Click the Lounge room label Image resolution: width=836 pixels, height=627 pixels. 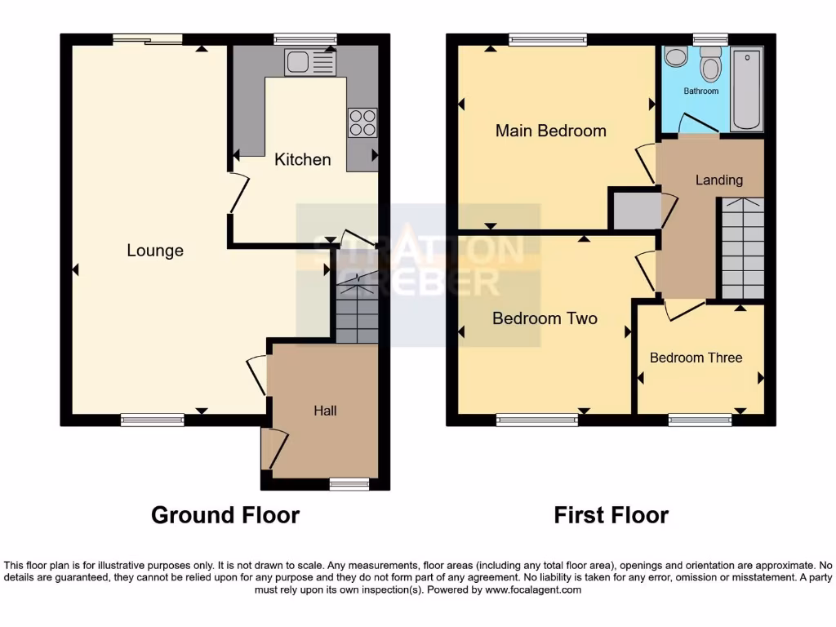pyautogui.click(x=155, y=251)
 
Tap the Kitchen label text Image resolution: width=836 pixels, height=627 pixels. pyautogui.click(x=302, y=159)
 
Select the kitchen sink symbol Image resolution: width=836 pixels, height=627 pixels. pyautogui.click(x=309, y=63)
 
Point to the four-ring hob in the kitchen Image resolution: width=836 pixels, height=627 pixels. pyautogui.click(x=362, y=122)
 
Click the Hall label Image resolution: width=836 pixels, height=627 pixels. pyautogui.click(x=325, y=411)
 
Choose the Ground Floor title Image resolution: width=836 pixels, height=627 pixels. pyautogui.click(x=225, y=515)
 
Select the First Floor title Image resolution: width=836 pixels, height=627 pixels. pyautogui.click(x=611, y=515)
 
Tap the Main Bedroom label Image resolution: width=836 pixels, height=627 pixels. pyautogui.click(x=551, y=131)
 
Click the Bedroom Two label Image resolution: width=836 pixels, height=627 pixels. pyautogui.click(x=545, y=318)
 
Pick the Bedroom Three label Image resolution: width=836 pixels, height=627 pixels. pyautogui.click(x=696, y=358)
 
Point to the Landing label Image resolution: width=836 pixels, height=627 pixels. pyautogui.click(x=718, y=180)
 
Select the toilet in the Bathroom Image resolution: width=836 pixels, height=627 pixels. pyautogui.click(x=710, y=65)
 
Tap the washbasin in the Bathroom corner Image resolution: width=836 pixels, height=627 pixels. pyautogui.click(x=675, y=56)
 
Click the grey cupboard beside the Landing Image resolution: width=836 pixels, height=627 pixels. pyautogui.click(x=636, y=210)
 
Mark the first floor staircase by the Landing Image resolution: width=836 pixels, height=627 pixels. pyautogui.click(x=741, y=249)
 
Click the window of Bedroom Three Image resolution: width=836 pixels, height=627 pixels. pyautogui.click(x=700, y=420)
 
